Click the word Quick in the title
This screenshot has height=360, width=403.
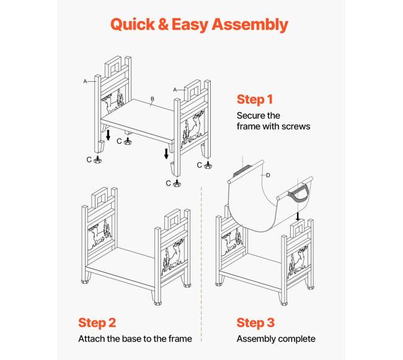(x=133, y=25)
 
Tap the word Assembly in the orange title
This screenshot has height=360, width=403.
(x=250, y=25)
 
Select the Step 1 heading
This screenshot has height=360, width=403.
(x=255, y=99)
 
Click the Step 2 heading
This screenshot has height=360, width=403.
(x=97, y=323)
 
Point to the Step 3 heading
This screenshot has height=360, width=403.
(x=255, y=323)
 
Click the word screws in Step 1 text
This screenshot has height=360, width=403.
(x=296, y=126)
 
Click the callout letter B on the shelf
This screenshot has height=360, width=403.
(x=153, y=99)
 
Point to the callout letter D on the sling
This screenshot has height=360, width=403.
(x=268, y=175)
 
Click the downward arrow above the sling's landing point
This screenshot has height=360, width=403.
(x=298, y=216)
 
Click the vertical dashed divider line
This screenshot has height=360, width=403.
(x=201, y=264)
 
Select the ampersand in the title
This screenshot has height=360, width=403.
(x=163, y=25)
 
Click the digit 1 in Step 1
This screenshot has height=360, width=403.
(x=270, y=99)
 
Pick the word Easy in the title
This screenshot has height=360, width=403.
(x=190, y=25)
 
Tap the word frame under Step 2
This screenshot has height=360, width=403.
(x=180, y=339)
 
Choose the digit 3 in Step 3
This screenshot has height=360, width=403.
(x=270, y=323)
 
